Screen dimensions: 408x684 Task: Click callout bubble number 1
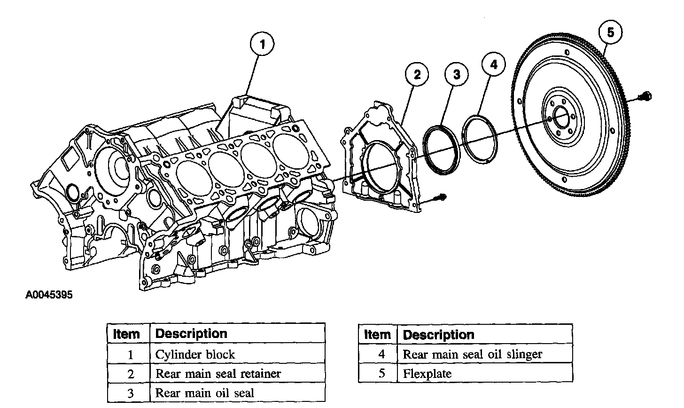263,45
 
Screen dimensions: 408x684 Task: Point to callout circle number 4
494,64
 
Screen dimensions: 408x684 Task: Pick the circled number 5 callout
610,32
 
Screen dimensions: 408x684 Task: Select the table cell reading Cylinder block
195,354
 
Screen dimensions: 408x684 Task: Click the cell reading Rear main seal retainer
218,374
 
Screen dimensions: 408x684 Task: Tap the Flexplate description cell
427,374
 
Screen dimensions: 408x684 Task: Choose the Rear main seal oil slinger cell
472,354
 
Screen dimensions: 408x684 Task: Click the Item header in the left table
127,334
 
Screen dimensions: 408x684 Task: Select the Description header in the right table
439,335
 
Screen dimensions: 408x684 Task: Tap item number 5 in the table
381,374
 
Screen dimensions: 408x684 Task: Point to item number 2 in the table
130,374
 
